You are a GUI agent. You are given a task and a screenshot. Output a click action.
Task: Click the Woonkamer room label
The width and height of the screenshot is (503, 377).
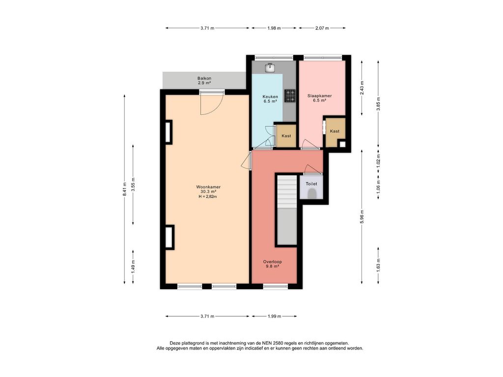pyautogui.click(x=208, y=187)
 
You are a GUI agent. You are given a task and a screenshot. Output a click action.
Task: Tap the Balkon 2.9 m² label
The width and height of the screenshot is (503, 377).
pyautogui.click(x=204, y=81)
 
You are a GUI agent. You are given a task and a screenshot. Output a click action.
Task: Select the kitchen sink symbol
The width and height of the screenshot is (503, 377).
pyautogui.click(x=270, y=68)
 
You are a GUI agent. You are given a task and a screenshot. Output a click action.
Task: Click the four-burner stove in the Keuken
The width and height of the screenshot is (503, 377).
pyautogui.click(x=290, y=96)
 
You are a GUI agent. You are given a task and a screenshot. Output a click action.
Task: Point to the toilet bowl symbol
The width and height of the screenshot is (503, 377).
pyautogui.click(x=311, y=193)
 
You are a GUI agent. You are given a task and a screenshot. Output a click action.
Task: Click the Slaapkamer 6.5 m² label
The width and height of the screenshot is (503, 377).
pyautogui.click(x=319, y=98)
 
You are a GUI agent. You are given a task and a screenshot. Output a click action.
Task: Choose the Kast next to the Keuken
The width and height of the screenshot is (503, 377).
pyautogui.click(x=286, y=136)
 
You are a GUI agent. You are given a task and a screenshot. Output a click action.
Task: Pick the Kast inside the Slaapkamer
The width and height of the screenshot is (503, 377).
pyautogui.click(x=335, y=131)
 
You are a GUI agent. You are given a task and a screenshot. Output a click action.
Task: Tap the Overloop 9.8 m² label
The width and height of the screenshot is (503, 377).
pyautogui.click(x=272, y=264)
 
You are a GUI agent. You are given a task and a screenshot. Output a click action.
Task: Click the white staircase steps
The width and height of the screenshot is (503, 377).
pyautogui.click(x=287, y=191)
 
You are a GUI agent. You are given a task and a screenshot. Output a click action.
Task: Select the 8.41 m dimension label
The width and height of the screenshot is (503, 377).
pyautogui.click(x=124, y=189)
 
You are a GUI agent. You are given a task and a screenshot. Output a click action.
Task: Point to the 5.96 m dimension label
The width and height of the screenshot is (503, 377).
pyautogui.click(x=362, y=217)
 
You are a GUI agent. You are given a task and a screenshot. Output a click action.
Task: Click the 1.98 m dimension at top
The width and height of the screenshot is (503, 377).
pyautogui.click(x=274, y=28)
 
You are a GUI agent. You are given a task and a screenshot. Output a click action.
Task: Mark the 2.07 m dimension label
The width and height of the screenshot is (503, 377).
pyautogui.click(x=322, y=28)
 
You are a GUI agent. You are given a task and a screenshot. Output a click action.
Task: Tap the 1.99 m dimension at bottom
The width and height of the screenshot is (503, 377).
pyautogui.click(x=274, y=317)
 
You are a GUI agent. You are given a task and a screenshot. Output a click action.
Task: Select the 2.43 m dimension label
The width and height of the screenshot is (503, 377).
pyautogui.click(x=362, y=88)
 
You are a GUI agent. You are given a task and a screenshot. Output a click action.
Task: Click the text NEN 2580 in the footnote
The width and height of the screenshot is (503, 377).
pyautogui.click(x=270, y=343)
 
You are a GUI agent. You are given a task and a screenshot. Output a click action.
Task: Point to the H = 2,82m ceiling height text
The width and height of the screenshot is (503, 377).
pyautogui.click(x=208, y=196)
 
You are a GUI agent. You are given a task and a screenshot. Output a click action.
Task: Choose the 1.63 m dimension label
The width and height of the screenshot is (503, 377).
pyautogui.click(x=379, y=266)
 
